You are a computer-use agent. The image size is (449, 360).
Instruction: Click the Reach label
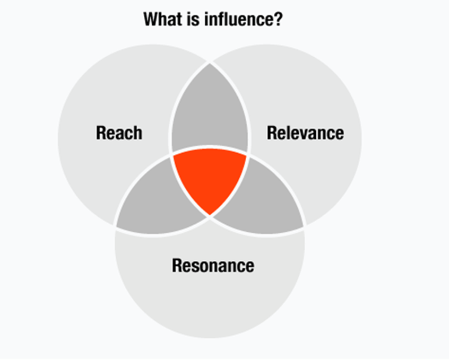click(x=119, y=133)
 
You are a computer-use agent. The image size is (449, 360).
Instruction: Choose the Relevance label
click(x=305, y=133)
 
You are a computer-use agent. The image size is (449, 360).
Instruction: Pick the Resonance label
click(x=213, y=265)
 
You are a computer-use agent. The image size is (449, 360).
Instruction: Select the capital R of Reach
click(x=101, y=133)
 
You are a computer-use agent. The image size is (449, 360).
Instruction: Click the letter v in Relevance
click(x=305, y=133)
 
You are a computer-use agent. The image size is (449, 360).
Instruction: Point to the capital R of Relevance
click(x=272, y=133)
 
